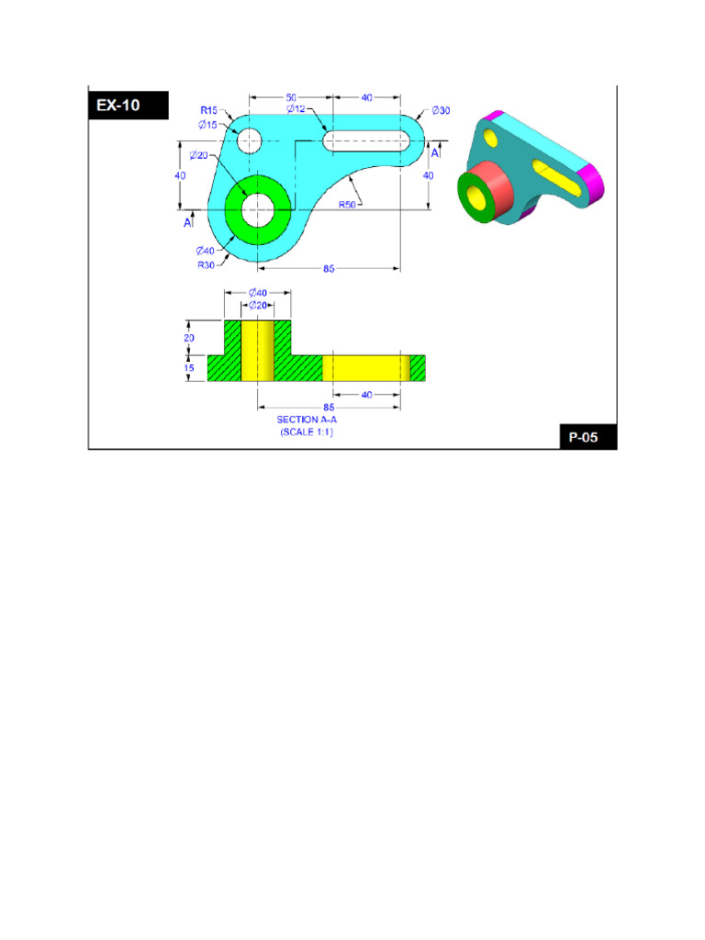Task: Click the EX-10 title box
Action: pos(129,105)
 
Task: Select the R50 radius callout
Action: pos(347,205)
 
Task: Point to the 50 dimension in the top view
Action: pos(291,96)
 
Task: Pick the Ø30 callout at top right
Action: pos(441,111)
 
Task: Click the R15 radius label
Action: pos(209,111)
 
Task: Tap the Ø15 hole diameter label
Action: pos(207,125)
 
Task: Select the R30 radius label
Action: pos(207,264)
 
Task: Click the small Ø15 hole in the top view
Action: pos(250,141)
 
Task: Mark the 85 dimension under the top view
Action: pos(329,269)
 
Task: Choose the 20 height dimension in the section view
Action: pos(190,337)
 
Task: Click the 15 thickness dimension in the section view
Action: pos(190,368)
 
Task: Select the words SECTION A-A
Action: pos(307,420)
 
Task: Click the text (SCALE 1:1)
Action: pos(307,431)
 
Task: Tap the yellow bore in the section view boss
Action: pos(258,351)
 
